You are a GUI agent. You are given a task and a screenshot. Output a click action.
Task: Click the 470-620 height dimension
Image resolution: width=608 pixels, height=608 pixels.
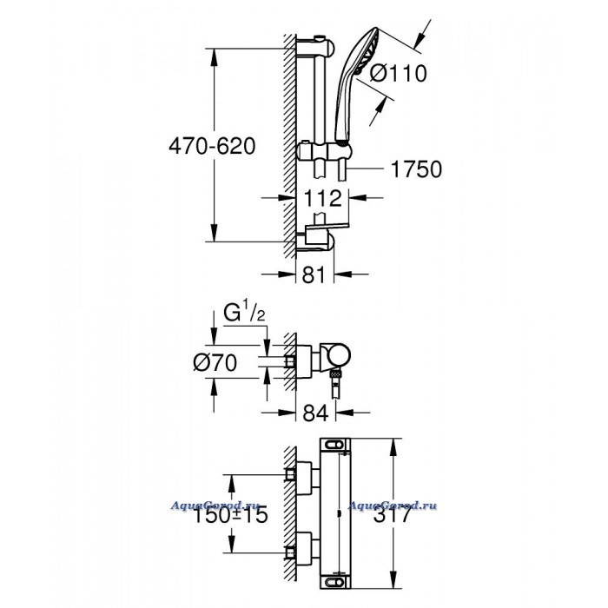point(212,147)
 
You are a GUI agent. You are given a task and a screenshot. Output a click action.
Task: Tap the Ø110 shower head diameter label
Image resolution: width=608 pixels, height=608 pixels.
point(398,73)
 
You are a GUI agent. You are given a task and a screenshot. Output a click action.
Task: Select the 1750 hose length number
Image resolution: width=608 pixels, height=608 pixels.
point(416,169)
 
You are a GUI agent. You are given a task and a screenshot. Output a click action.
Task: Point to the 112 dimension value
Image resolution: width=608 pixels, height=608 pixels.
point(322,198)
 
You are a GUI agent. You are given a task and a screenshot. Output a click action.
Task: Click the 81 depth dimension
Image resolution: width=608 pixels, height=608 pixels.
point(314,274)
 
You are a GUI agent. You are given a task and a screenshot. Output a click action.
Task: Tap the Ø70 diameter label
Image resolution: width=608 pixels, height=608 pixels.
point(215,363)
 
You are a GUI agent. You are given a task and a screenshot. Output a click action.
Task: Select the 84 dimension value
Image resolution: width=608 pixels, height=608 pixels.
point(315,413)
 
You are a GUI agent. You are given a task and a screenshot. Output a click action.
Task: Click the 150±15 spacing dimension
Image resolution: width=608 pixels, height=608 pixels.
point(230,515)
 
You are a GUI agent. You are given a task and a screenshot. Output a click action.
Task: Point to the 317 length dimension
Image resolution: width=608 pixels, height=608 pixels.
point(392,515)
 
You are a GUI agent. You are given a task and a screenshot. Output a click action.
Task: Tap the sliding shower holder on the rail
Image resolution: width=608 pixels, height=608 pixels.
point(324,151)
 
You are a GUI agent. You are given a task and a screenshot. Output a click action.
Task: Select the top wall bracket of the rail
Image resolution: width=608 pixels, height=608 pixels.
point(314,47)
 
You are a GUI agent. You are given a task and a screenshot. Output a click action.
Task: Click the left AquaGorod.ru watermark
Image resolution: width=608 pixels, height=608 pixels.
point(215,506)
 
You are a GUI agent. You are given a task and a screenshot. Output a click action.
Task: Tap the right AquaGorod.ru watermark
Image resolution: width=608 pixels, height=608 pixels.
point(393,506)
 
